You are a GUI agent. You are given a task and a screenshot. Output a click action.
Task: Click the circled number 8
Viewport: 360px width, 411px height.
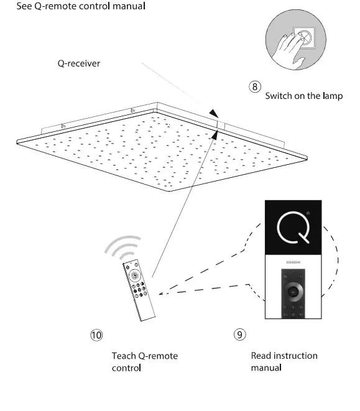(x=255, y=86)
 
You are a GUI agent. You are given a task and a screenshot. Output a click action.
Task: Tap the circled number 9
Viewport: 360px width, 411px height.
(x=239, y=335)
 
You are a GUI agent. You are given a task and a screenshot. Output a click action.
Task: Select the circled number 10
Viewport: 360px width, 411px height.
(x=96, y=335)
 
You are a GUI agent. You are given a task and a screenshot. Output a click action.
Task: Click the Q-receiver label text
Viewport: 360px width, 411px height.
(x=78, y=63)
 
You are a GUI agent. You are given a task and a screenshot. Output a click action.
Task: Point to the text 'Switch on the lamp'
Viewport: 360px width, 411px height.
(x=303, y=96)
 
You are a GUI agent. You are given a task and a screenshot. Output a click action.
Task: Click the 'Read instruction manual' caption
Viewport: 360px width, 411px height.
(x=284, y=361)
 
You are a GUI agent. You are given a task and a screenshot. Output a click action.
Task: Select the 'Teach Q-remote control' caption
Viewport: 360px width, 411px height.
(x=144, y=361)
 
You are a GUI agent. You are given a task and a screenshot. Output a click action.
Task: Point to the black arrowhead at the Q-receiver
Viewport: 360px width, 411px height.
(x=215, y=113)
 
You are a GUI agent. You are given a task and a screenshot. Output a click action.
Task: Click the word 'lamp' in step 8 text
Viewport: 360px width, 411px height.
(x=331, y=96)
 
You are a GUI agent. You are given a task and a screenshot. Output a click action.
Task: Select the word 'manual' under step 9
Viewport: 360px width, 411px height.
(x=266, y=367)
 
